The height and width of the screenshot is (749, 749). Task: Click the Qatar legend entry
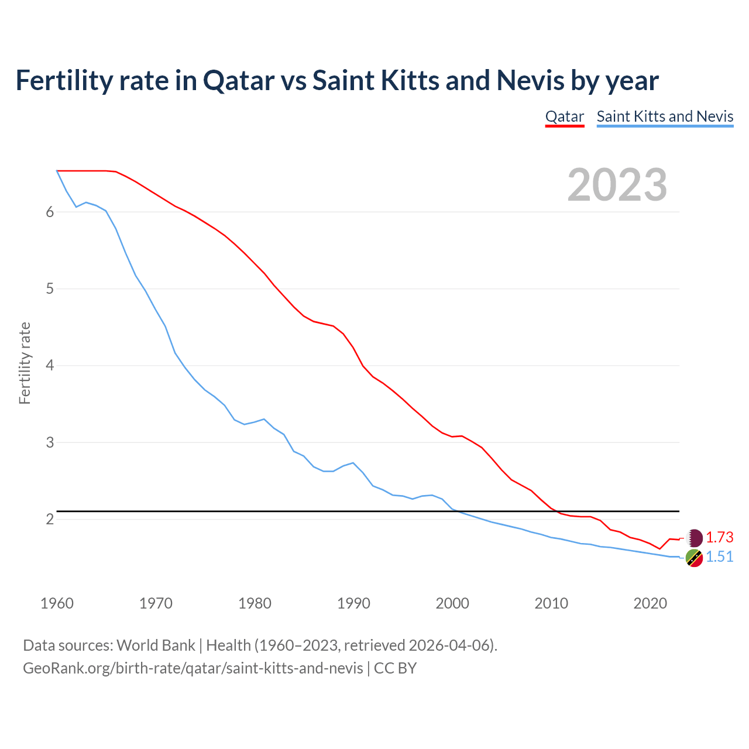tap(564, 116)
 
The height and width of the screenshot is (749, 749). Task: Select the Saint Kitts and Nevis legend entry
tap(665, 116)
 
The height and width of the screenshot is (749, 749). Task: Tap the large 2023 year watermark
tap(617, 185)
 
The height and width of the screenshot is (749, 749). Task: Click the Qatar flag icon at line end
tap(694, 538)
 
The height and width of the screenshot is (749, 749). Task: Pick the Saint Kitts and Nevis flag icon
tap(694, 558)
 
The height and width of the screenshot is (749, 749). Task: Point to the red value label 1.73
tap(719, 537)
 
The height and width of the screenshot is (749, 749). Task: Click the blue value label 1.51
tap(719, 556)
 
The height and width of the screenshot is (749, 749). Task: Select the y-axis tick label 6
tap(50, 212)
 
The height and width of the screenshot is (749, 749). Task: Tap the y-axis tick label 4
tap(50, 366)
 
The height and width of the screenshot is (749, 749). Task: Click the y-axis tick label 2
tap(50, 520)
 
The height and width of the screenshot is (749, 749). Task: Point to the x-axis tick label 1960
tap(57, 603)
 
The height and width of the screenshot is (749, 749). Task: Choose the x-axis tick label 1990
tap(353, 603)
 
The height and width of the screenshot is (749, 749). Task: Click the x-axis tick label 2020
tap(650, 603)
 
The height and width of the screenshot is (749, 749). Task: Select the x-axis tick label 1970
tap(156, 603)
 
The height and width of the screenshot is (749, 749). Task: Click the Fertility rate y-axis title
tap(25, 363)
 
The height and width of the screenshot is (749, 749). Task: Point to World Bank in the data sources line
tap(156, 645)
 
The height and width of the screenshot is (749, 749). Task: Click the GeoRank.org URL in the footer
tap(193, 668)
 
